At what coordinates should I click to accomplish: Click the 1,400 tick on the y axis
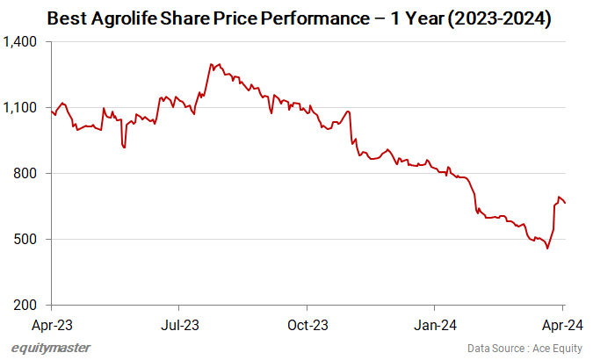click(x=21, y=42)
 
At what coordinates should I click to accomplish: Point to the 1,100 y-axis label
click(x=21, y=108)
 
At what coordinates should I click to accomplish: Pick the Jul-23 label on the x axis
click(x=179, y=324)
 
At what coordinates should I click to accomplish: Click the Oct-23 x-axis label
click(x=307, y=324)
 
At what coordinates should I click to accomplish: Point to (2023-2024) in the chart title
click(x=497, y=18)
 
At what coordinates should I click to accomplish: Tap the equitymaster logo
click(x=51, y=349)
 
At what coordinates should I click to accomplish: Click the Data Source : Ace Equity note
click(x=524, y=349)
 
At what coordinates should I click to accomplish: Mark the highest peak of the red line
click(x=212, y=64)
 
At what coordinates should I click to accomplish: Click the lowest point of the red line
click(x=547, y=248)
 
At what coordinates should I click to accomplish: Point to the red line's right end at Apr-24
click(x=565, y=203)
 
